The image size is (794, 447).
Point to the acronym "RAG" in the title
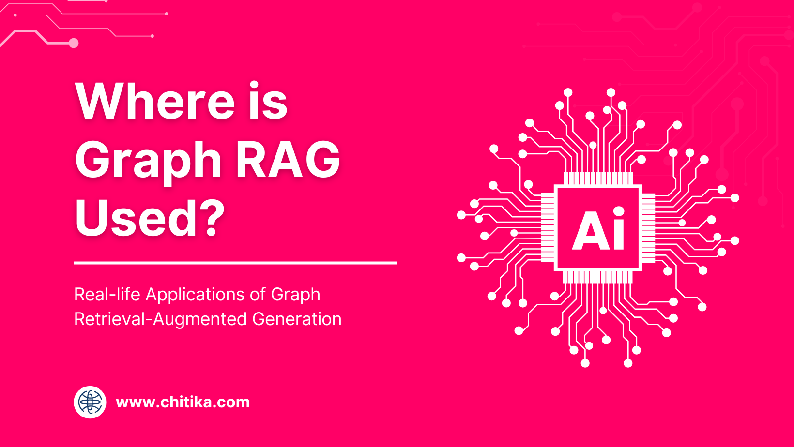coord(288,160)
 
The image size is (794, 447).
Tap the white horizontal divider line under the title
coord(235,263)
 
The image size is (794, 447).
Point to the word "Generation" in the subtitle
coord(297,319)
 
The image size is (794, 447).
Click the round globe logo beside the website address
coord(90,402)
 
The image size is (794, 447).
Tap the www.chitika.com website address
coord(183,402)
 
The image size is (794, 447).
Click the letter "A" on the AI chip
coord(590,231)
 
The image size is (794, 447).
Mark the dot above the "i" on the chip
coord(619,211)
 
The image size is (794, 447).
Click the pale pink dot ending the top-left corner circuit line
coord(74,44)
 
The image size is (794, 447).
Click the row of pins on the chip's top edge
coord(598,179)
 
